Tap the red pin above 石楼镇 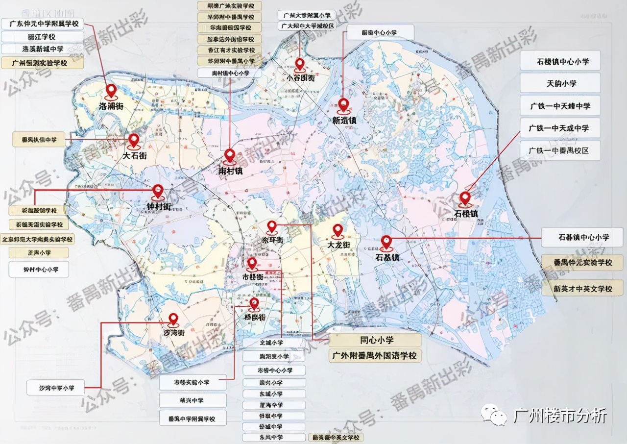click(464, 198)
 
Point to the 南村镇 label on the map click(230, 171)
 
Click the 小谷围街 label click(301, 78)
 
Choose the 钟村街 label click(158, 206)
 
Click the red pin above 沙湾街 click(172, 320)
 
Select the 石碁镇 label click(386, 256)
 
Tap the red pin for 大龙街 click(338, 230)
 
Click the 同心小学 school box click(375, 340)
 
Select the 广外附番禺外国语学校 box click(375, 355)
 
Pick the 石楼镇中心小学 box click(560, 62)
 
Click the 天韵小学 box click(560, 83)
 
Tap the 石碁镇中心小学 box click(583, 238)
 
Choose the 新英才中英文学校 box click(583, 288)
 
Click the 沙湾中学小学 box click(56, 388)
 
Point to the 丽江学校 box click(42, 37)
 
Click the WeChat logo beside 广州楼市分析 click(494, 416)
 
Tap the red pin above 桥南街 click(254, 304)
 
